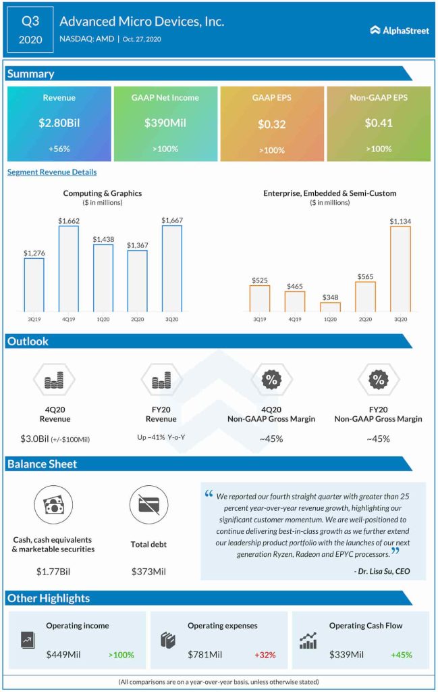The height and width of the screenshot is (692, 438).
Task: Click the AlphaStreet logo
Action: pyautogui.click(x=400, y=30)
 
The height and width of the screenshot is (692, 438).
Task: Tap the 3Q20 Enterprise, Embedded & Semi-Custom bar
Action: pyautogui.click(x=400, y=268)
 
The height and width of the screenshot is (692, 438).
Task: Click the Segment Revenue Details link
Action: pyautogui.click(x=52, y=172)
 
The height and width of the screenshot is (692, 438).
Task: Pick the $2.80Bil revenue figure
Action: pyautogui.click(x=59, y=123)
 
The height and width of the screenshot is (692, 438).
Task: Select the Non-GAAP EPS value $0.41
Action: pyautogui.click(x=378, y=123)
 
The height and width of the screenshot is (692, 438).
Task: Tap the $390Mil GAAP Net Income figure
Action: pyautogui.click(x=165, y=123)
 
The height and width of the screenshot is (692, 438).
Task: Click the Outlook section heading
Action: pyautogui.click(x=28, y=341)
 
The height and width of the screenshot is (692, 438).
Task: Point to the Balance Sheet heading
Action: pyautogui.click(x=42, y=464)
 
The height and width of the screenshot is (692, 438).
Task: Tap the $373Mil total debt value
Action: pyautogui.click(x=148, y=572)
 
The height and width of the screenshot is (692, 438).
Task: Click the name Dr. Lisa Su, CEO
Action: pyautogui.click(x=381, y=571)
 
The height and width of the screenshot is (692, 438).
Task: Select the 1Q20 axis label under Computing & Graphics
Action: pyautogui.click(x=103, y=319)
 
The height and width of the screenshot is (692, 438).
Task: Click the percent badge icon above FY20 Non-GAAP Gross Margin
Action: pyautogui.click(x=378, y=380)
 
